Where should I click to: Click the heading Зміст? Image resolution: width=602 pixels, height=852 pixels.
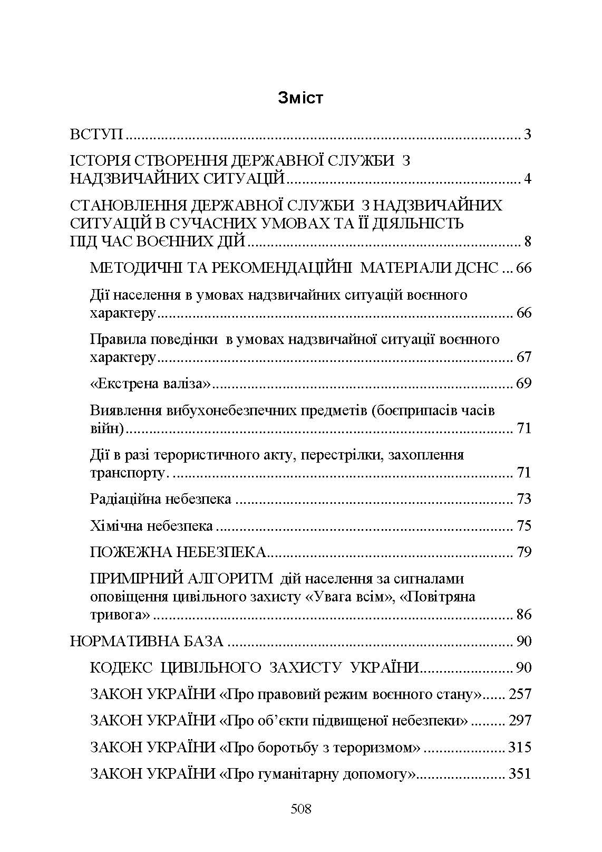click(x=300, y=98)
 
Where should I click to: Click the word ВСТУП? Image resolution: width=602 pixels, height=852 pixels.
click(x=96, y=135)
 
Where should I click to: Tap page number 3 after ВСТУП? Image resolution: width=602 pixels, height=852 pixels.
click(x=527, y=135)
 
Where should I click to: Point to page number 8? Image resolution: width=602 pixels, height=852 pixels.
click(x=527, y=242)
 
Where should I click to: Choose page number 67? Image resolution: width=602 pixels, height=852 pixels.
click(x=523, y=357)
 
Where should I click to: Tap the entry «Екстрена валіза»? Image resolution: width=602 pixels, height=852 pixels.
click(x=150, y=384)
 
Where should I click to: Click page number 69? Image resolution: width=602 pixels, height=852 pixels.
click(x=523, y=384)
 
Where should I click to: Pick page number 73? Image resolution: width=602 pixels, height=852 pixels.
click(x=523, y=499)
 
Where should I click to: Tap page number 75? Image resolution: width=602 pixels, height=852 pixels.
click(x=523, y=526)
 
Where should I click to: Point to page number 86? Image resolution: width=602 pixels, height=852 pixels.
click(x=523, y=615)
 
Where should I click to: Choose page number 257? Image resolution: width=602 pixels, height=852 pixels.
click(x=520, y=694)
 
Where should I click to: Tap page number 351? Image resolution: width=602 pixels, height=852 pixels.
click(x=520, y=774)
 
